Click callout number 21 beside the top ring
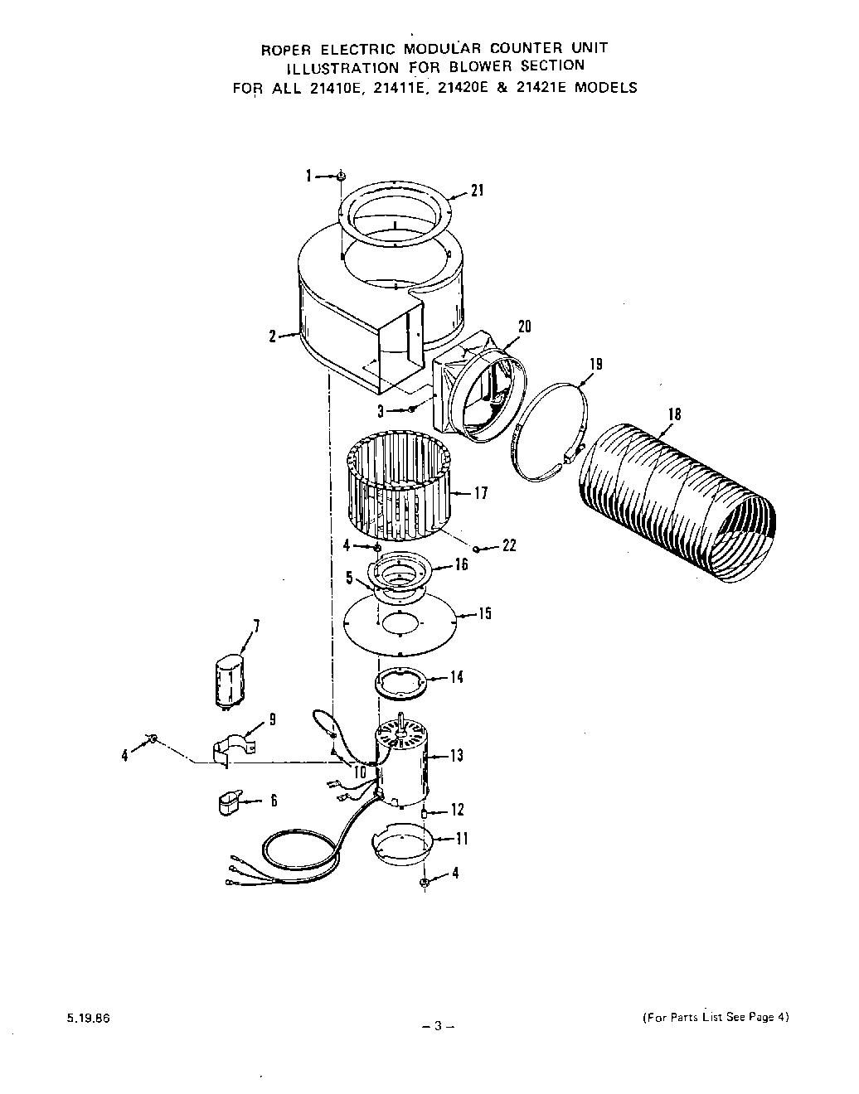(x=476, y=191)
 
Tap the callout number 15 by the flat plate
(x=484, y=613)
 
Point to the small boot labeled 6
(x=227, y=802)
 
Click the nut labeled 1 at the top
(x=341, y=176)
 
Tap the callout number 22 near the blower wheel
(x=508, y=545)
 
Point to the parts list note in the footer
(x=715, y=1018)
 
